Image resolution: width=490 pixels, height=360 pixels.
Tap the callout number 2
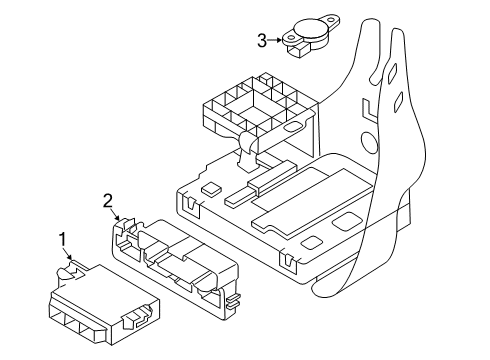[108, 201]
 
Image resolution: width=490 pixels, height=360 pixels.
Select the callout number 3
[262, 41]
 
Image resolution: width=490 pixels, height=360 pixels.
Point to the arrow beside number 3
[275, 40]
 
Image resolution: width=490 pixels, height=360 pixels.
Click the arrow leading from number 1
[68, 253]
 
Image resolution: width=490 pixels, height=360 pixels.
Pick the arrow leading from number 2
[116, 214]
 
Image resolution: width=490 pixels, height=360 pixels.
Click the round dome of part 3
[310, 29]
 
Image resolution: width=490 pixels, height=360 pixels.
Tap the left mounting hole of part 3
[291, 38]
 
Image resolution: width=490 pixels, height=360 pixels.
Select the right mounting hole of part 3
[332, 19]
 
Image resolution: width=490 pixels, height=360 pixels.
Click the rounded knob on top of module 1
[65, 273]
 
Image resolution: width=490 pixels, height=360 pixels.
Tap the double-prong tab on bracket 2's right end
[233, 300]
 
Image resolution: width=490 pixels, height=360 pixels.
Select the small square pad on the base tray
[211, 188]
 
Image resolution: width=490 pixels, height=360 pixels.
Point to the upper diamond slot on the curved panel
[393, 73]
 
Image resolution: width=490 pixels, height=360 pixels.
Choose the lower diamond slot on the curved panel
[398, 102]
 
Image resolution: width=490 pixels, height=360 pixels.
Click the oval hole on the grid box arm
[294, 126]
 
